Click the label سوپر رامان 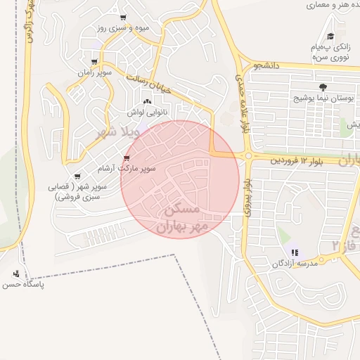pyautogui.click(x=91, y=72)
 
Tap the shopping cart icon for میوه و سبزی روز pyautogui.click(x=124, y=18)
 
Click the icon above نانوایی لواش pyautogui.click(x=146, y=103)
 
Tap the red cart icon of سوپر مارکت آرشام pyautogui.click(x=127, y=157)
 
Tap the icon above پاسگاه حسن pyautogui.click(x=16, y=274)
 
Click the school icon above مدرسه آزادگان pyautogui.click(x=295, y=252)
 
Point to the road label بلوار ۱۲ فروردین pyautogui.click(x=295, y=162)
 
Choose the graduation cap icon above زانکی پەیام pyautogui.click(x=330, y=37)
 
